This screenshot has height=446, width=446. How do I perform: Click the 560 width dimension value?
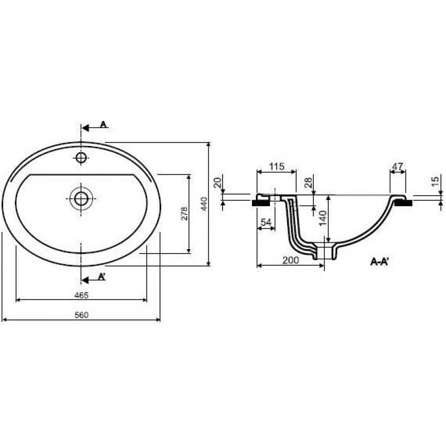pyautogui.click(x=81, y=315)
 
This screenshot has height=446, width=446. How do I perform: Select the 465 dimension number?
pyautogui.click(x=81, y=295)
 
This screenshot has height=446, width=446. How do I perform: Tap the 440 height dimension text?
pyautogui.click(x=204, y=203)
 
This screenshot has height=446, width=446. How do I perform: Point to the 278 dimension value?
pyautogui.click(x=185, y=214)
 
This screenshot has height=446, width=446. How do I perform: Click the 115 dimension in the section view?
pyautogui.click(x=277, y=166)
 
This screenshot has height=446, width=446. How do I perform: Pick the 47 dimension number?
pyautogui.click(x=397, y=166)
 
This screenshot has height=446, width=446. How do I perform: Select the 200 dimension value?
pyautogui.click(x=290, y=260)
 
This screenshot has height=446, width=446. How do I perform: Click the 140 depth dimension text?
pyautogui.click(x=323, y=218)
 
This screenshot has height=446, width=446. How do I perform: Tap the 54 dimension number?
pyautogui.click(x=266, y=222)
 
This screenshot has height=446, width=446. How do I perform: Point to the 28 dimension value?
pyautogui.click(x=308, y=182)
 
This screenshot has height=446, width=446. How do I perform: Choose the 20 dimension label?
pyautogui.click(x=217, y=182)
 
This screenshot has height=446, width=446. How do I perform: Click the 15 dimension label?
pyautogui.click(x=435, y=182)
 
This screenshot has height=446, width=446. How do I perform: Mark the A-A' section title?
pyautogui.click(x=380, y=261)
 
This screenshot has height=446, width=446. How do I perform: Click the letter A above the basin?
pyautogui.click(x=103, y=124)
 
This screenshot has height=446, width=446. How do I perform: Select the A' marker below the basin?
pyautogui.click(x=102, y=276)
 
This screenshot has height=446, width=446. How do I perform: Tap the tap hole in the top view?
pyautogui.click(x=81, y=157)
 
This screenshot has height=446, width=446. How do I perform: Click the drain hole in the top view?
pyautogui.click(x=81, y=199)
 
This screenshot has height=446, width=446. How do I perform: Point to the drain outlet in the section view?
pyautogui.click(x=324, y=253)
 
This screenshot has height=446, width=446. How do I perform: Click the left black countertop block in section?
pyautogui.click(x=261, y=203)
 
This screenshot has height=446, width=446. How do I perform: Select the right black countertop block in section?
pyautogui.click(x=403, y=203)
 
